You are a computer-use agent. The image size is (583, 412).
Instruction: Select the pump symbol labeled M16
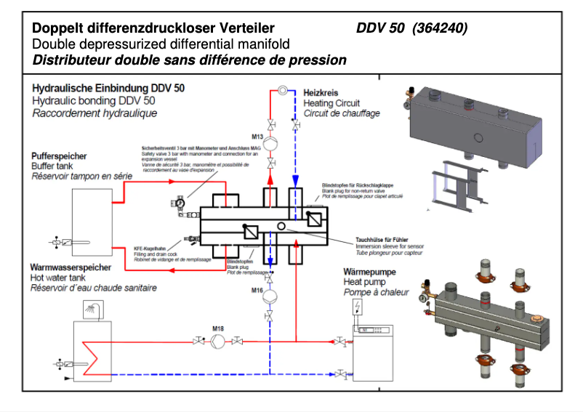pos(270,297)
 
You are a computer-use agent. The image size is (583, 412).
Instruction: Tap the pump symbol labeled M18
pos(217,341)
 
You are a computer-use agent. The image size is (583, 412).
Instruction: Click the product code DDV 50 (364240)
pos(411,28)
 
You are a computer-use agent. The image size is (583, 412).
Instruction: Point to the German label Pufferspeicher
pos(60,156)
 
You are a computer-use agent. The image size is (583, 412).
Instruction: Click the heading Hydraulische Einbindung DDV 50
pos(108,86)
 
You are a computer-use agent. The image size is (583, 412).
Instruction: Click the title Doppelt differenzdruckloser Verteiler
pos(153,28)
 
